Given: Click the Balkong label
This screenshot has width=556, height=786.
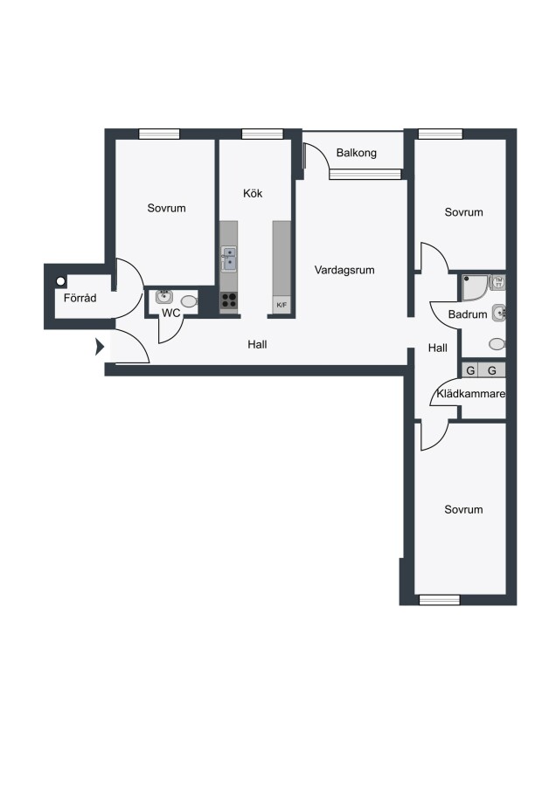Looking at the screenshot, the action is pyautogui.click(x=357, y=153).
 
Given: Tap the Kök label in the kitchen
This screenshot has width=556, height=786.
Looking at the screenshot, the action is pyautogui.click(x=253, y=194).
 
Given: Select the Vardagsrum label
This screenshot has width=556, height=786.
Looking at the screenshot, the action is pyautogui.click(x=344, y=270).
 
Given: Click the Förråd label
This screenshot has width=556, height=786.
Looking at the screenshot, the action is pyautogui.click(x=80, y=298).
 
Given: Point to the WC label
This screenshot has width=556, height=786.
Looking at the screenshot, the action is pyautogui.click(x=170, y=314).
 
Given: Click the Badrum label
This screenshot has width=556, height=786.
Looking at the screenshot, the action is pyautogui.click(x=468, y=314).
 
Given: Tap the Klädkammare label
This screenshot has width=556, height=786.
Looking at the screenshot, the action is pyautogui.click(x=470, y=394).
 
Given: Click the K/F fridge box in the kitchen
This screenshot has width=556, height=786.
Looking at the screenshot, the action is pyautogui.click(x=281, y=305).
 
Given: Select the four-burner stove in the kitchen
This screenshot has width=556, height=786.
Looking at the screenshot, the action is pyautogui.click(x=229, y=300).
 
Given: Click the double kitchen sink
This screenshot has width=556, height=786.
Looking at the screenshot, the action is pyautogui.click(x=229, y=259).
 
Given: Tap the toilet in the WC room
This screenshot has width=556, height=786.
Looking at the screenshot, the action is pyautogui.click(x=189, y=301).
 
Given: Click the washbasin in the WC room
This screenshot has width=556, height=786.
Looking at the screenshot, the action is pyautogui.click(x=163, y=296).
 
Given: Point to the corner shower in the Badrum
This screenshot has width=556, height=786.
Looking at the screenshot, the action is pyautogui.click(x=475, y=287).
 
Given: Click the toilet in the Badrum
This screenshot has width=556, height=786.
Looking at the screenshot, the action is pyautogui.click(x=497, y=344).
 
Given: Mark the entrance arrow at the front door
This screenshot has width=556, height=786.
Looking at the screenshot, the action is pyautogui.click(x=100, y=347).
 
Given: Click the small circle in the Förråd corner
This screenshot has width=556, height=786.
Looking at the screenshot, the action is pyautogui.click(x=60, y=281).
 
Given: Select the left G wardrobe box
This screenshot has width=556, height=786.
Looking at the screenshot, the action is pyautogui.click(x=470, y=370).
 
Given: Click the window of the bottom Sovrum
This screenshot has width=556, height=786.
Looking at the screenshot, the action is pyautogui.click(x=439, y=599).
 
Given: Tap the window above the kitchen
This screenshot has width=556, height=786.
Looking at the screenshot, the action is pyautogui.click(x=262, y=134).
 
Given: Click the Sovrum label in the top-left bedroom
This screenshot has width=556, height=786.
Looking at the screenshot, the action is pyautogui.click(x=167, y=208).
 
